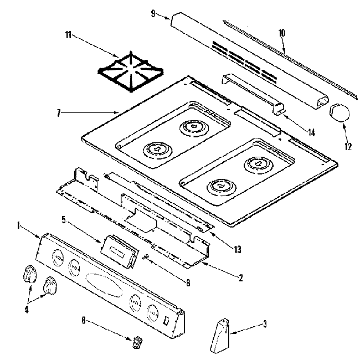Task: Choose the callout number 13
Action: (x=238, y=250)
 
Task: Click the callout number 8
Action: (x=188, y=283)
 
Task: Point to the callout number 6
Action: (x=84, y=320)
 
